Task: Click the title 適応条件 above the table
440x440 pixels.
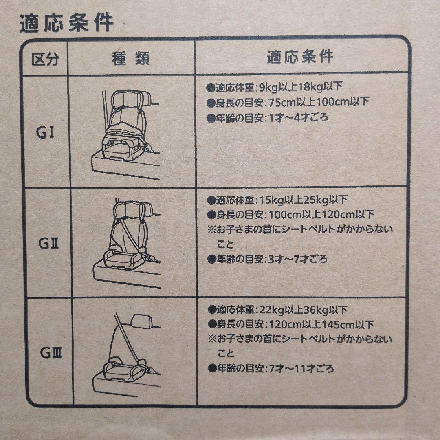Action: pyautogui.click(x=66, y=24)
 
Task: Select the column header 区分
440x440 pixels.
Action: pyautogui.click(x=45, y=59)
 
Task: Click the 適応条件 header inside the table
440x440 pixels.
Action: pyautogui.click(x=300, y=57)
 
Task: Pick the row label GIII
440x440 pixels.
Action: pyautogui.click(x=51, y=353)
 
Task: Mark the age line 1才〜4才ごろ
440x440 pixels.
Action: pyautogui.click(x=267, y=118)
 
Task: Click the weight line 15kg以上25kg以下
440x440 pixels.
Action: pyautogui.click(x=277, y=200)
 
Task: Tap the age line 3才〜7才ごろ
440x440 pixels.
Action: pyautogui.click(x=267, y=259)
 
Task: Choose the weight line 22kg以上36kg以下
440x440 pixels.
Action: pyautogui.click(x=277, y=309)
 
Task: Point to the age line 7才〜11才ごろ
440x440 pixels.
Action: pyautogui.click(x=271, y=369)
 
